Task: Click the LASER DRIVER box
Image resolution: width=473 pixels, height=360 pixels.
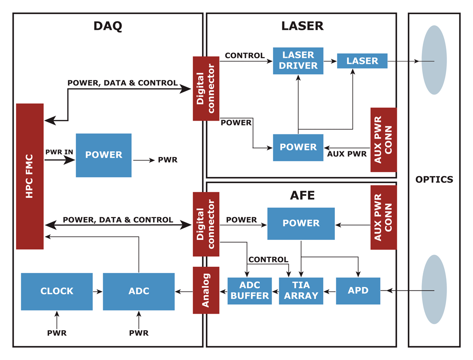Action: [x=298, y=61]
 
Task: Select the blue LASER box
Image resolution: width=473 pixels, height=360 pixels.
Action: [x=362, y=61]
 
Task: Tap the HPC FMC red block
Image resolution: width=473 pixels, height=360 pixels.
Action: [x=30, y=176]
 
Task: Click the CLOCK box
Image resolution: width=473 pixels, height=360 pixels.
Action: [x=57, y=291]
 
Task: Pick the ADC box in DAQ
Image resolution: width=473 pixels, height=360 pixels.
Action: [x=139, y=291]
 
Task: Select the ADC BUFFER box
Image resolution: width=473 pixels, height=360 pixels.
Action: [x=250, y=291]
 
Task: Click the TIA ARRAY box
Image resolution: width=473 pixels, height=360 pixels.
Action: [x=301, y=291]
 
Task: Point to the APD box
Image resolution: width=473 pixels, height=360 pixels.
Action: [x=358, y=290]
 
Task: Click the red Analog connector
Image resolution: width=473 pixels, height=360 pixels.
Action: [x=206, y=290]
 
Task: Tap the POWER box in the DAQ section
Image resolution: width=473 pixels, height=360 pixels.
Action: [x=104, y=155]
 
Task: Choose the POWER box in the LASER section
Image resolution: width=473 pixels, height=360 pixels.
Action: [x=298, y=147]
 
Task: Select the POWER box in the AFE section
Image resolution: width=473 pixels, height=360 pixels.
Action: [x=301, y=223]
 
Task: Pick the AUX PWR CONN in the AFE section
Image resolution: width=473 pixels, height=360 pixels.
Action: [x=383, y=218]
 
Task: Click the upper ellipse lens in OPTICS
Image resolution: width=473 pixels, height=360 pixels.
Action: [x=434, y=60]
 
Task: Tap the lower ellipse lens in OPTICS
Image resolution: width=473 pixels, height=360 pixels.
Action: [x=434, y=289]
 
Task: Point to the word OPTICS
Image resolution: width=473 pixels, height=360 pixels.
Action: [x=434, y=180]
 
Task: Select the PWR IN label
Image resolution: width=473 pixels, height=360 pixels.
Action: [x=59, y=152]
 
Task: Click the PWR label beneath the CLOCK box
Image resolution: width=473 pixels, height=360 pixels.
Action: [x=57, y=333]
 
